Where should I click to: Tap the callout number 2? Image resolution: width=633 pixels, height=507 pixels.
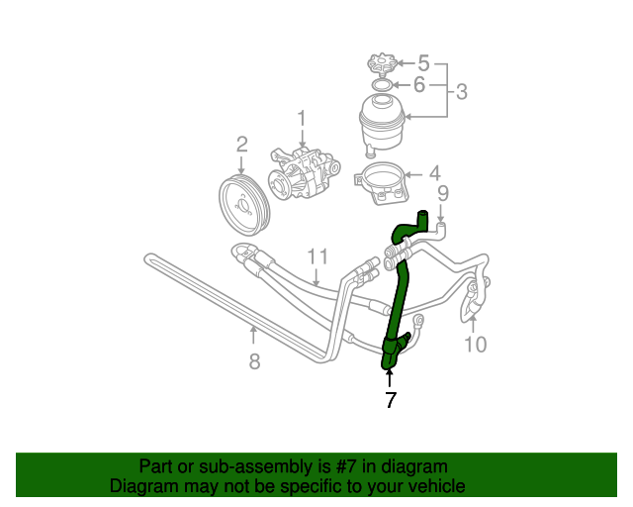241,148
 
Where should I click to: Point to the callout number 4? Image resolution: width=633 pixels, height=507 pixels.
434,173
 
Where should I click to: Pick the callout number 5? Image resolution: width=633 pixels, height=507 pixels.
423,63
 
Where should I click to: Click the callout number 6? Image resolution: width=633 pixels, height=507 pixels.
418,85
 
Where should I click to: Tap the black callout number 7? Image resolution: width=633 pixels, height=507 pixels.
391,400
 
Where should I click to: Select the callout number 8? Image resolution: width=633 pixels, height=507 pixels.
254,361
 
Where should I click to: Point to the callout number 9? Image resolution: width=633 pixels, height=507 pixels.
443,193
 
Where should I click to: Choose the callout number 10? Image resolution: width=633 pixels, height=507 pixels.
476,345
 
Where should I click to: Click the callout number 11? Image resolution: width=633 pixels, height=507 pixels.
316,257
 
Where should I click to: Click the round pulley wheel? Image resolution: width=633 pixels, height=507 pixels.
242,202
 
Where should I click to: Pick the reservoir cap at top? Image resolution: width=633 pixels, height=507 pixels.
381,66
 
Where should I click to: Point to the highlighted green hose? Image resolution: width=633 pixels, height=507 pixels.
400,297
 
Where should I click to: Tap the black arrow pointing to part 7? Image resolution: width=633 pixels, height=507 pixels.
390,377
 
